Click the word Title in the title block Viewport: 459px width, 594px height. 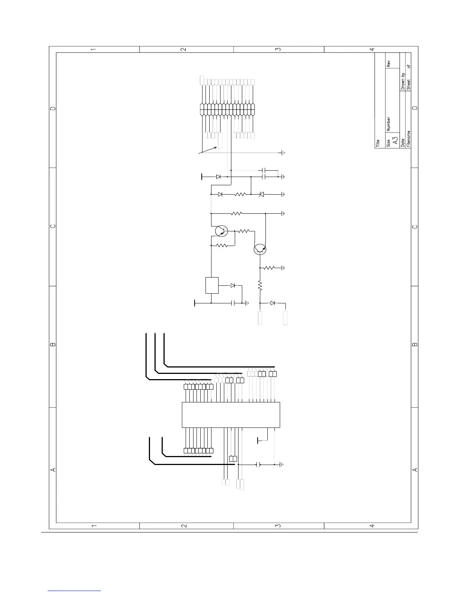(378, 143)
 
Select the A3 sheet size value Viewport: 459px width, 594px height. (395, 141)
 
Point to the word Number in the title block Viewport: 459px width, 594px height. (388, 124)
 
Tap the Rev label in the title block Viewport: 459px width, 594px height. (388, 64)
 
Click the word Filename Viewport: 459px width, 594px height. (409, 139)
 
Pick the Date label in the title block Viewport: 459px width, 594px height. (403, 143)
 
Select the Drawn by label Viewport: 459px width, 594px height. (403, 81)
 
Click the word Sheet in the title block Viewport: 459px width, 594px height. (409, 85)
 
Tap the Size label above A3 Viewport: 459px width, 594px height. (388, 143)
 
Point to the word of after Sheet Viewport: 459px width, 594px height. (409, 66)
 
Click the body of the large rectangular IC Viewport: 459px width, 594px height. (231, 415)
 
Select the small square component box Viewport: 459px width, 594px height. (212, 285)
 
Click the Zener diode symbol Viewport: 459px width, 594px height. (262, 194)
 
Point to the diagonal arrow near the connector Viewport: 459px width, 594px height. (207, 150)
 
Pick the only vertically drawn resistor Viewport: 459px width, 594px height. (260, 286)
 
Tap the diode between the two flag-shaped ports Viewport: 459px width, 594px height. (273, 303)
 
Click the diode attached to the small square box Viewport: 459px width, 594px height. (233, 285)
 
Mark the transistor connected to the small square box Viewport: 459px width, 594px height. (221, 231)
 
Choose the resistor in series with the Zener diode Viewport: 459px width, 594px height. (240, 194)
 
